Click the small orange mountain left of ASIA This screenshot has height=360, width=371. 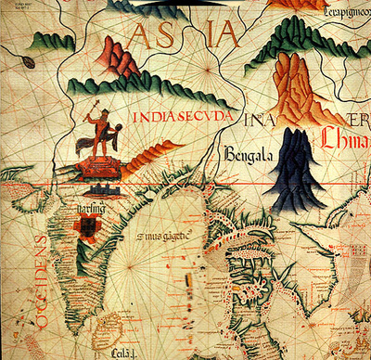(x=118, y=58)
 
